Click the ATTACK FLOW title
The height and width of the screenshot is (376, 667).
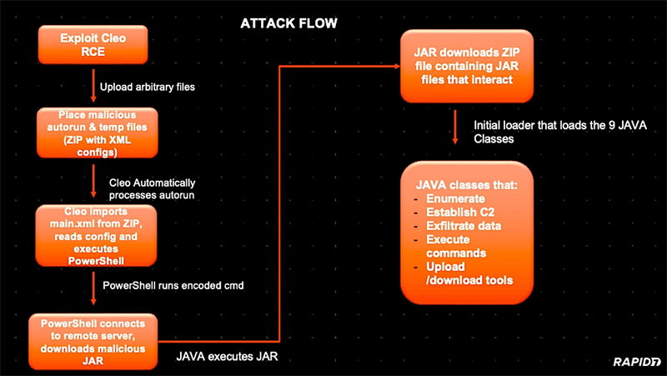(x=288, y=23)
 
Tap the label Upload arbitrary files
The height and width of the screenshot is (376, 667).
(x=148, y=87)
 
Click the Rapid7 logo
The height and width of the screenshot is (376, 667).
(x=637, y=360)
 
